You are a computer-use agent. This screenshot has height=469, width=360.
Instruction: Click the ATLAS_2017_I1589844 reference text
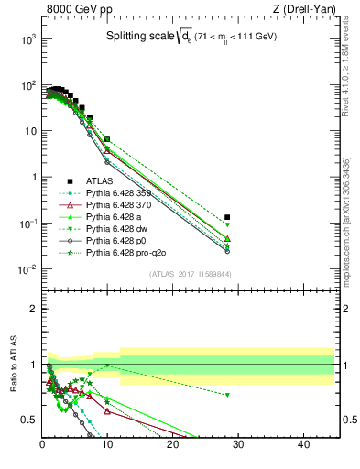[191, 274]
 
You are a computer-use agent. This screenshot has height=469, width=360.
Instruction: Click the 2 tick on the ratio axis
[33, 309]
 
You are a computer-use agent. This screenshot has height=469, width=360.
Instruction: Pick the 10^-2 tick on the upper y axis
[27, 269]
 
